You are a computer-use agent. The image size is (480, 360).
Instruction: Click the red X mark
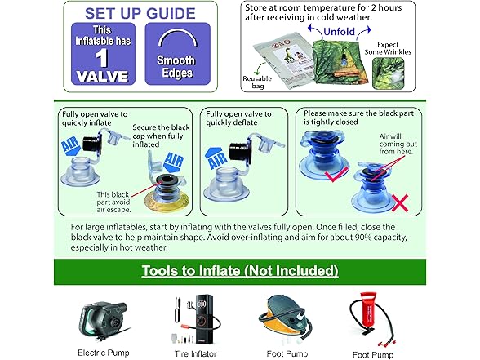coord(400,202)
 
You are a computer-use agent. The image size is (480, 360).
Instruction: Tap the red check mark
coord(336,175)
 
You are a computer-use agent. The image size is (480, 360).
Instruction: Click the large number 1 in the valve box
coord(101,58)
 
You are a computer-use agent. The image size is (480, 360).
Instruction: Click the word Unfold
coord(340,32)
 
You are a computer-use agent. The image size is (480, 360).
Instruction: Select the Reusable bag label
coord(257,82)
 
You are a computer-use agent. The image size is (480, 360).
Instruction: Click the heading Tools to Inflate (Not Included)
coord(240,271)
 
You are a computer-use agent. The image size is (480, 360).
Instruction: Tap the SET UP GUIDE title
coord(140,13)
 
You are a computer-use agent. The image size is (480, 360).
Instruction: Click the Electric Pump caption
coord(104,353)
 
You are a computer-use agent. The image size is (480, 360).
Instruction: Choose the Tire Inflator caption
coord(195,354)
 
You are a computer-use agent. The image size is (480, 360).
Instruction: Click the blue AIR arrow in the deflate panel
coord(217,158)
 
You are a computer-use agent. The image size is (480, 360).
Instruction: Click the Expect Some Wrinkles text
coord(388,48)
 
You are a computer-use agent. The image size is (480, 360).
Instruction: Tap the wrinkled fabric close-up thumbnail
coord(389,73)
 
